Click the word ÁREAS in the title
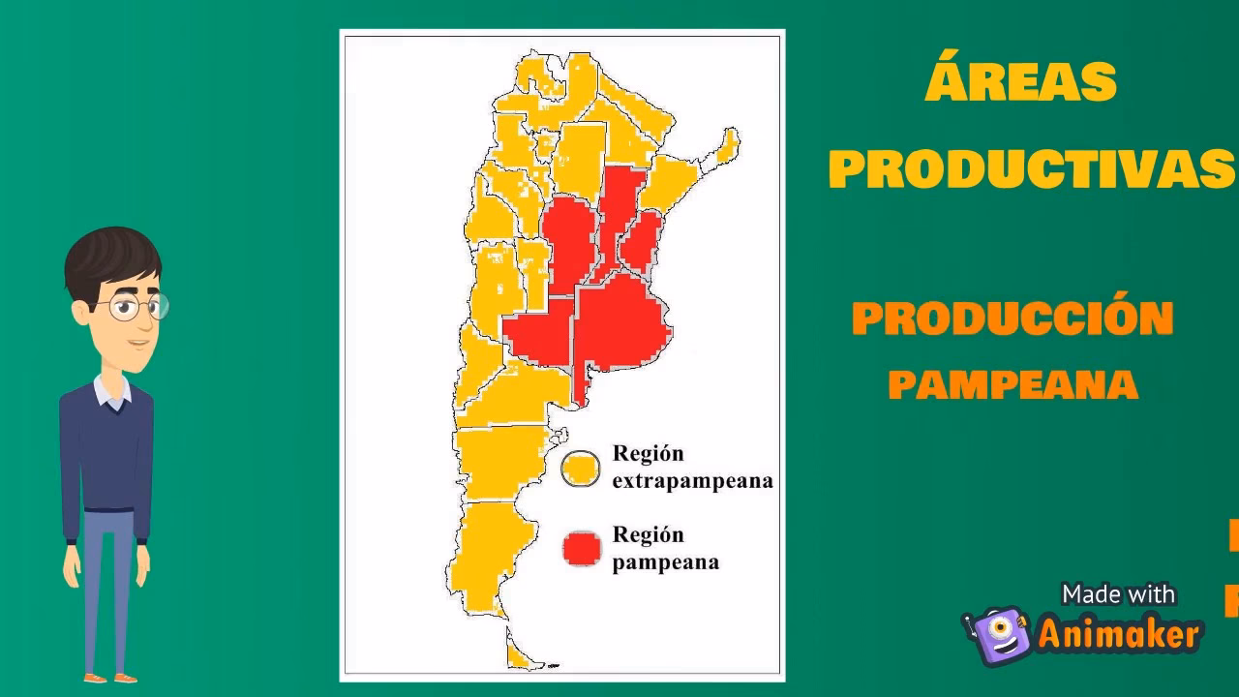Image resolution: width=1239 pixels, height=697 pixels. point(1020,82)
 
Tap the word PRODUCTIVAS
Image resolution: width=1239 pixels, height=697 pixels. point(1032,170)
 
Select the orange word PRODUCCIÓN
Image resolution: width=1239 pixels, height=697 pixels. point(1012,319)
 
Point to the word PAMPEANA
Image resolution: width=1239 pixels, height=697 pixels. point(1012,385)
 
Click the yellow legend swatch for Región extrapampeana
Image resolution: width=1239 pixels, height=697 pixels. point(581,470)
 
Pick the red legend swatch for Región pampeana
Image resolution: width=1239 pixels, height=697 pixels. point(582,549)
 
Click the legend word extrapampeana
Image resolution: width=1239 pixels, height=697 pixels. point(693,480)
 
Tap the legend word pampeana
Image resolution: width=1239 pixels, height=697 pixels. point(666,561)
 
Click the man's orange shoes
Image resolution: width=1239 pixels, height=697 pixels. point(108,677)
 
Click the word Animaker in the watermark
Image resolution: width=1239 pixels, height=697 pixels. point(1119,635)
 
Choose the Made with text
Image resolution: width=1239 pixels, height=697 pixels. point(1118,593)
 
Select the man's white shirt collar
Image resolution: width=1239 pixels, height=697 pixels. point(112,392)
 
